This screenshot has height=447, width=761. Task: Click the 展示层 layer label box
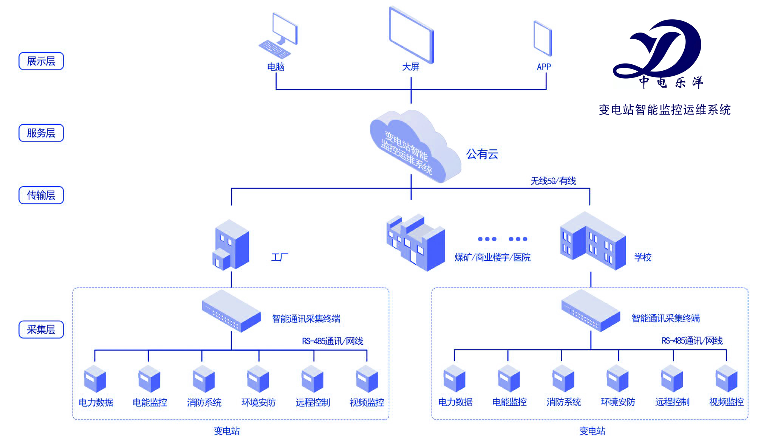41,61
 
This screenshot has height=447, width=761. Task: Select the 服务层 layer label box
41,133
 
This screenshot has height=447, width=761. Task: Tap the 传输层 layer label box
41,195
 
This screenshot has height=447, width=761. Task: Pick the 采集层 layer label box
41,330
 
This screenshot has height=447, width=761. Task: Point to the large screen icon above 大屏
411,35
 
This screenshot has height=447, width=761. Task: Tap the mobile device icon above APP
543,38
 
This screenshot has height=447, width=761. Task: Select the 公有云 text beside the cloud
482,154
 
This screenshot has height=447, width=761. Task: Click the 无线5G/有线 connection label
553,181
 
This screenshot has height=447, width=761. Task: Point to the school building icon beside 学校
592,241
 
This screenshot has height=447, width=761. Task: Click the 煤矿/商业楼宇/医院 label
492,258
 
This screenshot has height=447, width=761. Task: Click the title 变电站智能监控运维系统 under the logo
665,110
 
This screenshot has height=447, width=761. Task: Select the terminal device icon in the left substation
231,311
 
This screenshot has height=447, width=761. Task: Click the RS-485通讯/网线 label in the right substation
692,341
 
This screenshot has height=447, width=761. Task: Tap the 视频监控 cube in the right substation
726,379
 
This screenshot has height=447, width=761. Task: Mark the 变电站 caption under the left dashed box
227,431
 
